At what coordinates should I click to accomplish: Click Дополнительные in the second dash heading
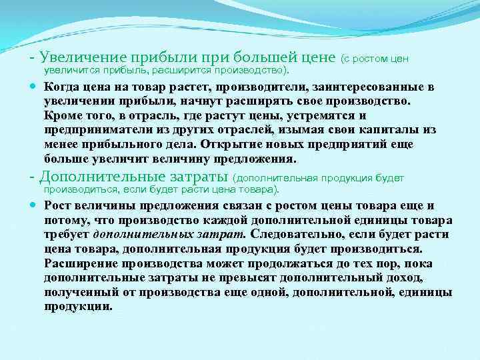coord(90,177)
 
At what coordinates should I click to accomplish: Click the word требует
coord(67,235)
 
